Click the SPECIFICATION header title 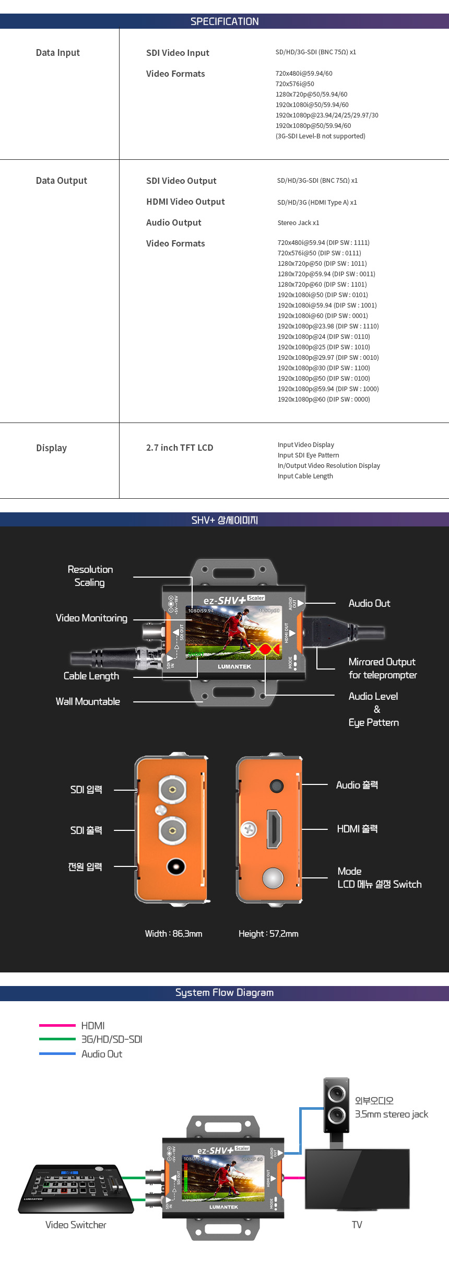(224, 21)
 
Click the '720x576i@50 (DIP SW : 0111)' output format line (319, 253)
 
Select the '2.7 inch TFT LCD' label (180, 448)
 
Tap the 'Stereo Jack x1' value (298, 223)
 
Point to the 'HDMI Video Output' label (185, 202)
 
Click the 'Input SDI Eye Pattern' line (308, 455)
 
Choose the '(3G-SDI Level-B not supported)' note (320, 136)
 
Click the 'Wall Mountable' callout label (88, 701)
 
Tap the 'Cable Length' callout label (91, 676)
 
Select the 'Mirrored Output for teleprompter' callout (382, 668)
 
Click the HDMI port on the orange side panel (274, 829)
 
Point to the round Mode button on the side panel (273, 878)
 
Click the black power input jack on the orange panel (176, 866)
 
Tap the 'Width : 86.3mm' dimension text (173, 933)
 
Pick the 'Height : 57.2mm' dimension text (268, 933)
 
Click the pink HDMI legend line (57, 1025)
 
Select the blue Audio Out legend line (57, 1053)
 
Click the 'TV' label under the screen (357, 1225)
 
